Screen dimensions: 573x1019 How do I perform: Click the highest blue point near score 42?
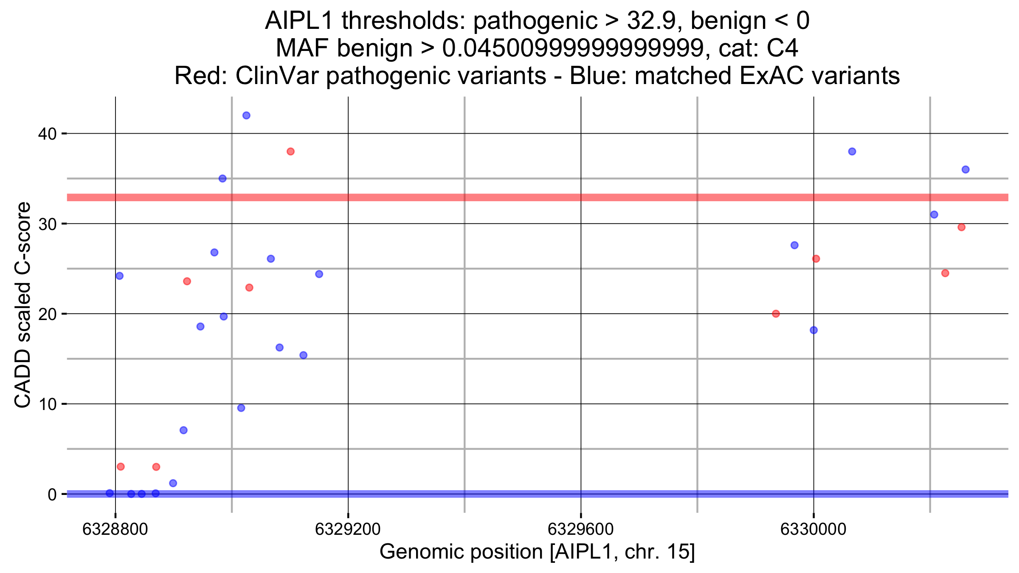click(x=246, y=115)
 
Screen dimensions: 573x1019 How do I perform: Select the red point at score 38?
click(x=290, y=152)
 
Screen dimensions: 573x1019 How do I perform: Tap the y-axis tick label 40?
click(x=47, y=134)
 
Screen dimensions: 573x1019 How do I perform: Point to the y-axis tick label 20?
click(x=47, y=314)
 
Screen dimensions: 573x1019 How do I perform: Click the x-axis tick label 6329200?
click(x=348, y=529)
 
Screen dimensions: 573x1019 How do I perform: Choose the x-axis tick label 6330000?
click(x=813, y=529)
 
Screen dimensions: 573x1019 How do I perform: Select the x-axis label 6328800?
click(x=115, y=529)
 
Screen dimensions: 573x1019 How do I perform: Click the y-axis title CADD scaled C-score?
click(x=23, y=304)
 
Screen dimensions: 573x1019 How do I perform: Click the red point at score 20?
click(x=776, y=314)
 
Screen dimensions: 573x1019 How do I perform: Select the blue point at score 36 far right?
click(x=966, y=169)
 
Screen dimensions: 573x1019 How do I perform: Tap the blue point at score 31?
click(x=934, y=214)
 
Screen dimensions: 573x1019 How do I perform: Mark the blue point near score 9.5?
click(x=241, y=408)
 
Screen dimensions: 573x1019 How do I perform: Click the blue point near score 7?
click(x=183, y=430)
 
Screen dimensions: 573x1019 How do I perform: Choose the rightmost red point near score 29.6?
click(x=962, y=227)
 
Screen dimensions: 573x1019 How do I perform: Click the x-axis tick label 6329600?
click(x=580, y=529)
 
